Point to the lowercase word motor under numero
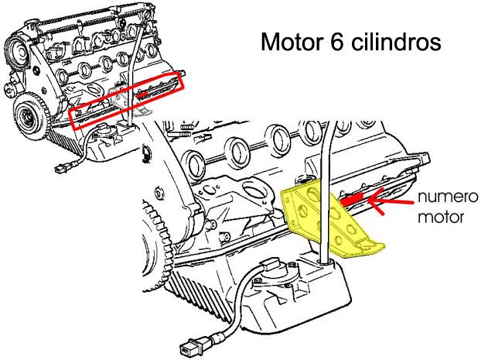pos(443,217)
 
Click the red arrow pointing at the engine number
pos(388,205)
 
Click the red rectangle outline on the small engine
pos(128,98)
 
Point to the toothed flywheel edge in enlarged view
pos(155,232)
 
